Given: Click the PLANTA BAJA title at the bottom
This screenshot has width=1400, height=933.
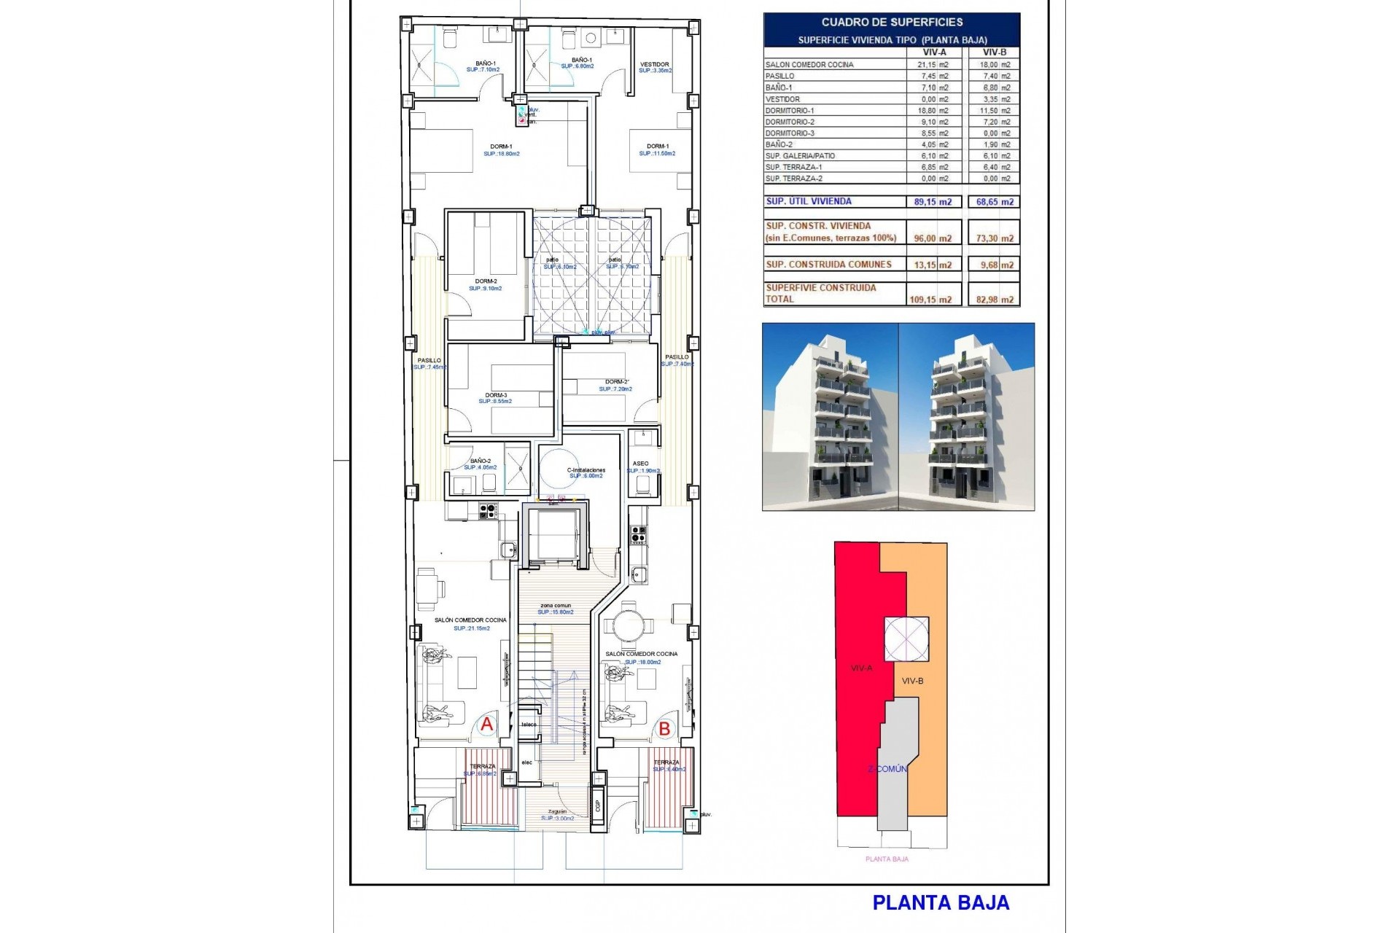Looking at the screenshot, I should pyautogui.click(x=941, y=902).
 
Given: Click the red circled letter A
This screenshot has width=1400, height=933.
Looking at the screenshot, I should pyautogui.click(x=486, y=725).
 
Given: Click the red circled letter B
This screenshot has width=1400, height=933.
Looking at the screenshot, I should pyautogui.click(x=664, y=728).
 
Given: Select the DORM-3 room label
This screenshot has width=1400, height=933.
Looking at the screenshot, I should pyautogui.click(x=496, y=395).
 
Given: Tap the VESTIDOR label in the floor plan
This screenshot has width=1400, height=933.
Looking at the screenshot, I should pyautogui.click(x=654, y=64).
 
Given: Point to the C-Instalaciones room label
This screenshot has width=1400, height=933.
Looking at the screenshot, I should pyautogui.click(x=586, y=470).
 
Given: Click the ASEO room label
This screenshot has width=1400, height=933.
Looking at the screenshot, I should pyautogui.click(x=640, y=464).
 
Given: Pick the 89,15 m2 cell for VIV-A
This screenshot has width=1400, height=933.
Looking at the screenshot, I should pyautogui.click(x=933, y=202).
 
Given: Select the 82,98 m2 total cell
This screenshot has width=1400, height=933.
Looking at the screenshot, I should pyautogui.click(x=995, y=299).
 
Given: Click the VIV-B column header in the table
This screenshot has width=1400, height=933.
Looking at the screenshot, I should pyautogui.click(x=995, y=52).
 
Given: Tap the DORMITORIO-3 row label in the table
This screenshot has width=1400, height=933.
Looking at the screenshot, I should pyautogui.click(x=790, y=133).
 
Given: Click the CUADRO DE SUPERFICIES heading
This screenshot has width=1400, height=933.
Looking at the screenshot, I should pyautogui.click(x=892, y=23).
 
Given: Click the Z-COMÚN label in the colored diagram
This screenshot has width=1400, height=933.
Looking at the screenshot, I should pyautogui.click(x=887, y=769).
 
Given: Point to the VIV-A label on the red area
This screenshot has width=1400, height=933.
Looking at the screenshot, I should pyautogui.click(x=861, y=668).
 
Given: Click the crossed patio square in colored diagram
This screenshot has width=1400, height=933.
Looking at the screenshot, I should pyautogui.click(x=906, y=639).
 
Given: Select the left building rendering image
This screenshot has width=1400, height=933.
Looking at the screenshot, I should pyautogui.click(x=830, y=417).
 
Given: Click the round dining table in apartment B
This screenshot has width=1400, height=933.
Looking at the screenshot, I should pyautogui.click(x=628, y=625).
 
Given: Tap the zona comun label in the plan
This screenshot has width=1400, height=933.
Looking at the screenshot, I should pyautogui.click(x=556, y=606).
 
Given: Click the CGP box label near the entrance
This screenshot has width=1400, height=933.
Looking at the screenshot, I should pyautogui.click(x=598, y=805).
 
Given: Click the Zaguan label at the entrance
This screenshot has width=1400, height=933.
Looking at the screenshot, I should pyautogui.click(x=557, y=811).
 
